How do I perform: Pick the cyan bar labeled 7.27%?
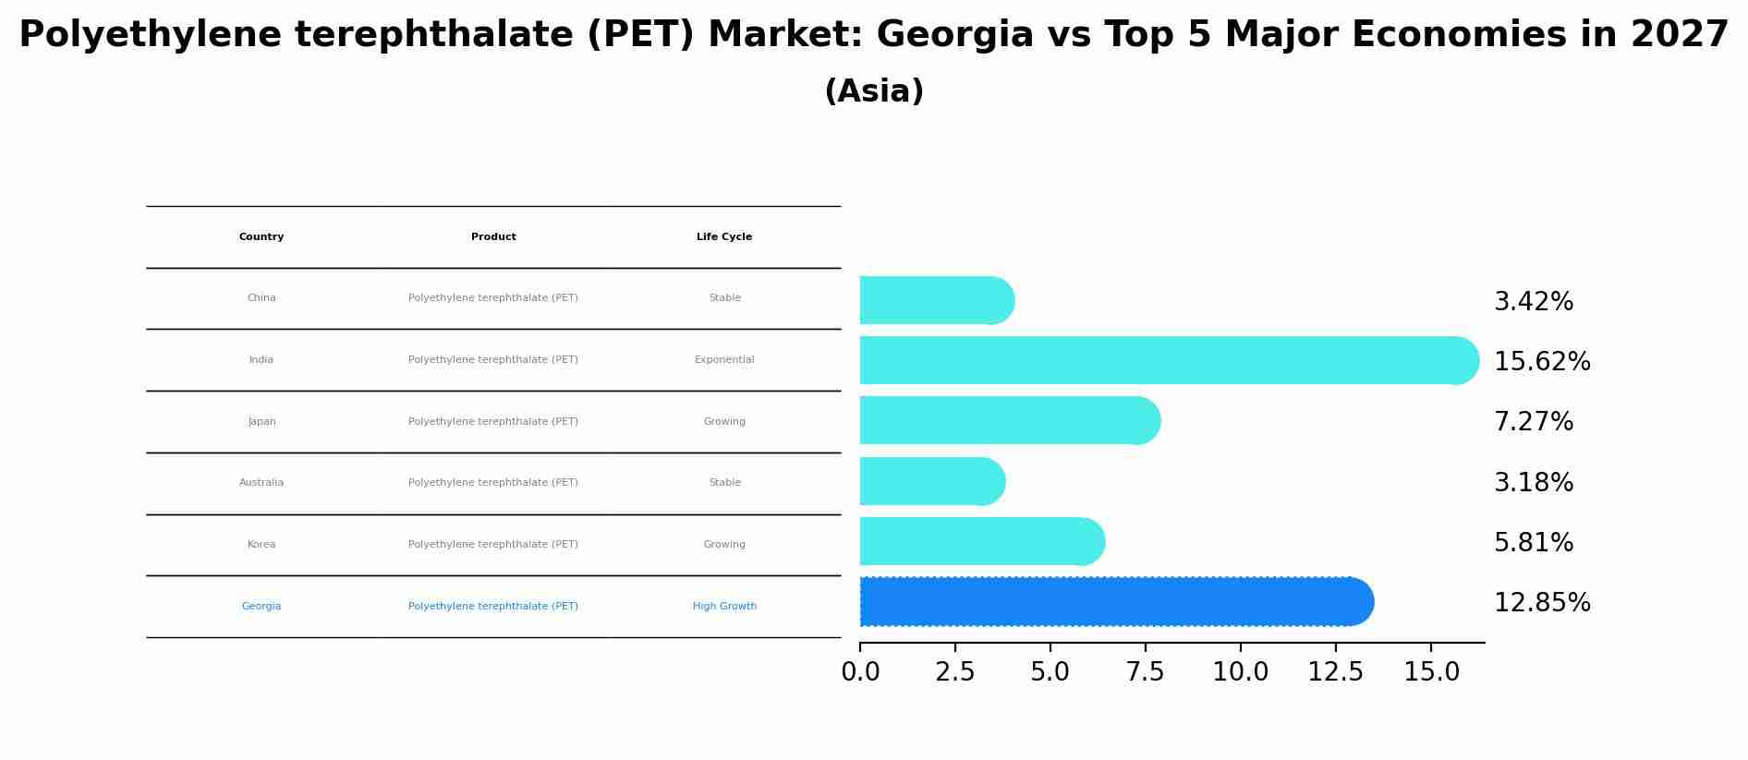point(1007,421)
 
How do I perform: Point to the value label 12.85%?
point(1541,603)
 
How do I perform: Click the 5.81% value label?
point(1533,543)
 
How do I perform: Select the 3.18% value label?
point(1533,483)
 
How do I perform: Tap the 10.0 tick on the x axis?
point(1240,672)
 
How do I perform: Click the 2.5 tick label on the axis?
point(955,672)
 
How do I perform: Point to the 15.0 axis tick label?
point(1431,672)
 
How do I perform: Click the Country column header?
point(261,237)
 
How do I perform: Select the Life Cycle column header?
point(724,237)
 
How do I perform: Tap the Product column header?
point(493,237)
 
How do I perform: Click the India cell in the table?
point(261,360)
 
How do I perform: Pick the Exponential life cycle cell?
point(724,360)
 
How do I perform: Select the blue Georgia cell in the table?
point(261,607)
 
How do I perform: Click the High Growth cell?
point(724,607)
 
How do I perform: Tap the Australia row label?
point(261,483)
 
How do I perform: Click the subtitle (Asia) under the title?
point(873,91)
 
